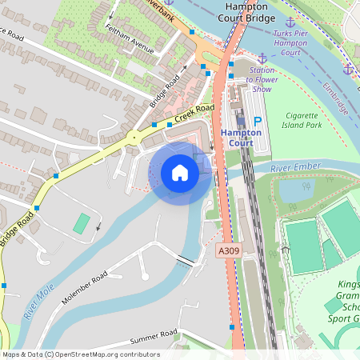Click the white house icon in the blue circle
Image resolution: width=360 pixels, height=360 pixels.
180,173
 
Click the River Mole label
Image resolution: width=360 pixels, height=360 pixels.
38,301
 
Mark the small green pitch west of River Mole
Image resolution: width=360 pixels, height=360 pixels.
82,223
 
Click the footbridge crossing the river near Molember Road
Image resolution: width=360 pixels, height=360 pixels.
186,261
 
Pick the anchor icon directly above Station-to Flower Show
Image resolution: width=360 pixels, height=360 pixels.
262,58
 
